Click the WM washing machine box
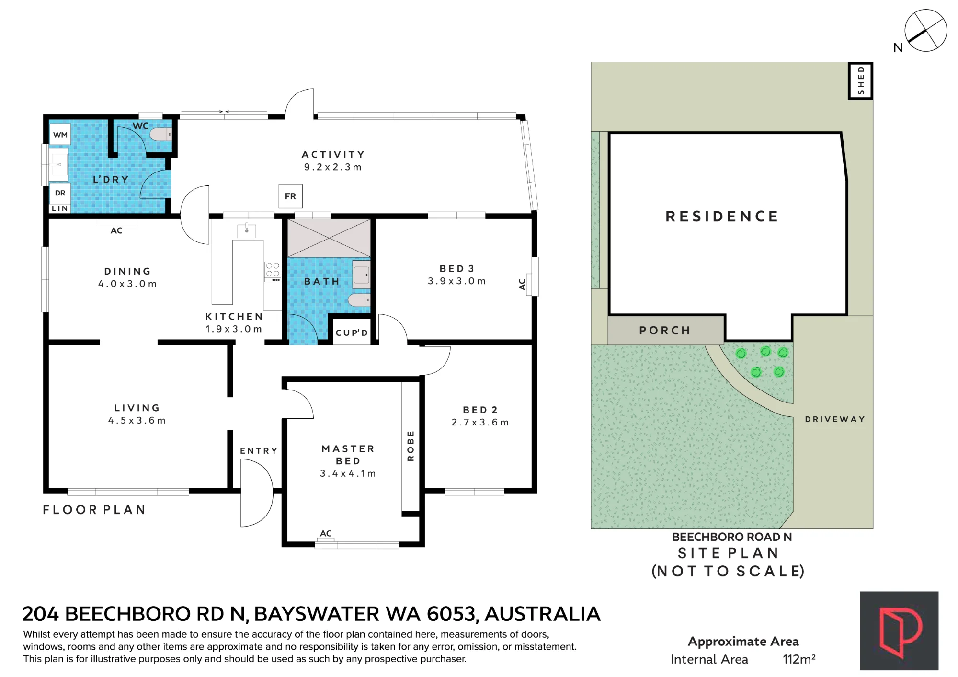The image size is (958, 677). coord(60,135)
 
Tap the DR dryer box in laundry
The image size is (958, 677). coord(60,193)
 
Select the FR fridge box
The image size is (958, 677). coord(291,196)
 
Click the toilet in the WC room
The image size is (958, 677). coord(161,135)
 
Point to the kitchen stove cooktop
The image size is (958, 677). coord(273,272)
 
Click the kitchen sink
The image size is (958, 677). coord(247,230)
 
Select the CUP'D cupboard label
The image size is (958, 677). coord(352,333)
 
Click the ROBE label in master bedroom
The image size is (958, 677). coord(411,446)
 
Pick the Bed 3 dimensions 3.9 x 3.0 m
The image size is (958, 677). coord(457,281)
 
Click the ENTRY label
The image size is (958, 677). coord(259,451)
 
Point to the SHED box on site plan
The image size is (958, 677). coord(861,80)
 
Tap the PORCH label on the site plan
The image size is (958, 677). coord(665,331)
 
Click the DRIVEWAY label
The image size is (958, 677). coord(835,419)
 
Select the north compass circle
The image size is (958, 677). coord(926,30)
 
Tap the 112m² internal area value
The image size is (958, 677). coord(799,659)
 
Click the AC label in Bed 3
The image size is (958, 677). coord(522,284)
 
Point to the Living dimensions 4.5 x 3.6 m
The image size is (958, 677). coord(137,421)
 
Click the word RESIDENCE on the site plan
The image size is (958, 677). coord(722,217)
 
